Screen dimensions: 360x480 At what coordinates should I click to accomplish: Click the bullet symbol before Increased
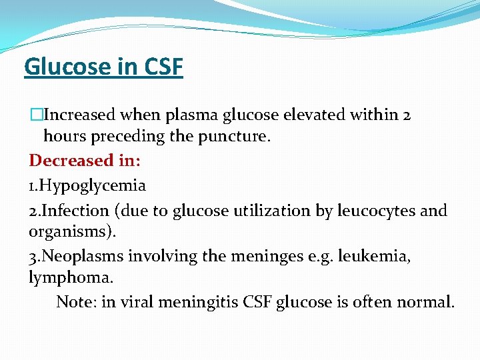[35, 115]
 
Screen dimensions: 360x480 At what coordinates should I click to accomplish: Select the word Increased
[79, 115]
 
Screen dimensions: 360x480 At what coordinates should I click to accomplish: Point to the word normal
[425, 302]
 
